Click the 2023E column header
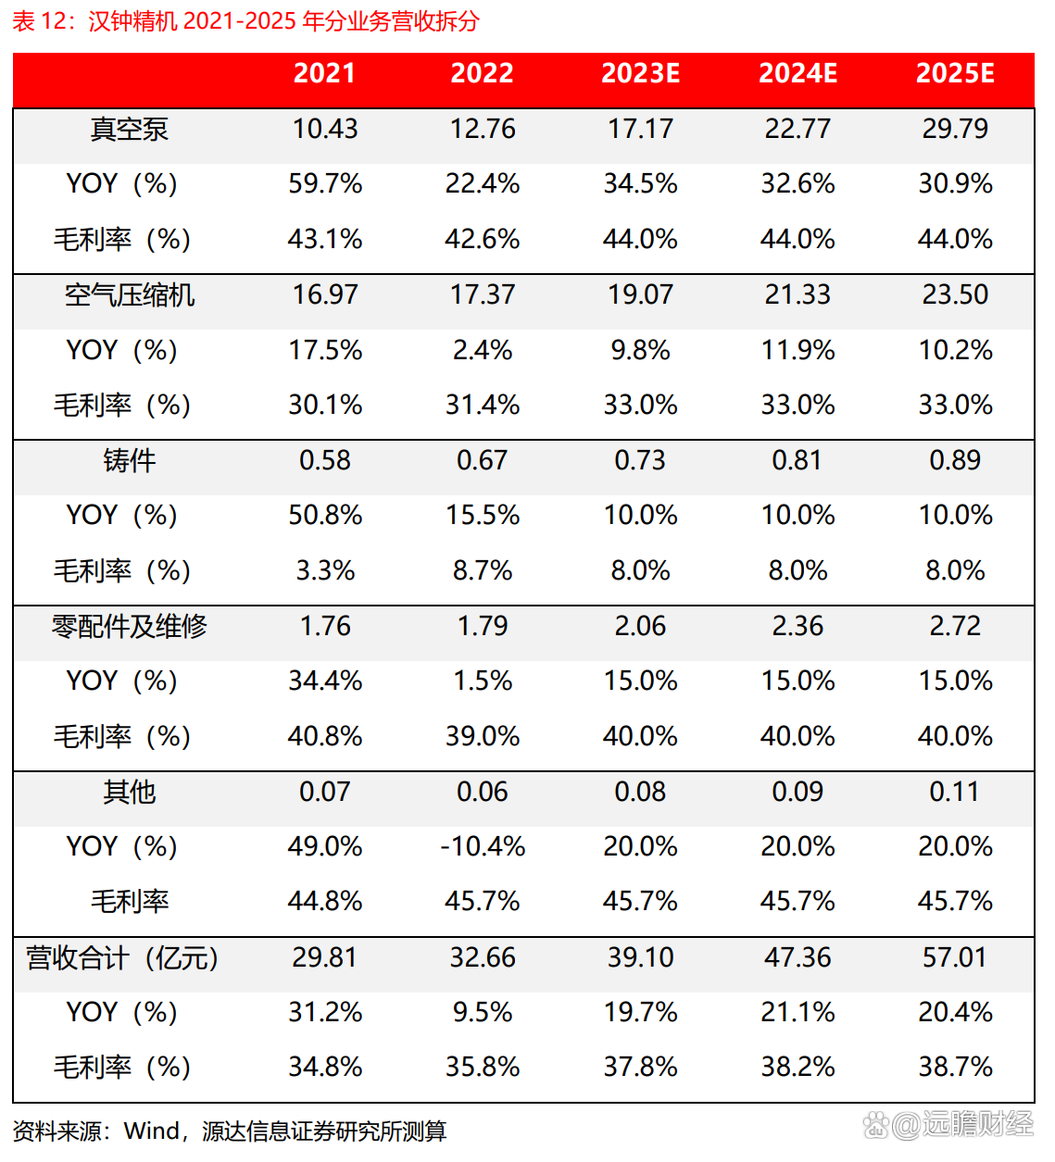click(x=640, y=73)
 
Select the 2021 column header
click(x=324, y=73)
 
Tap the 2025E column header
click(x=955, y=73)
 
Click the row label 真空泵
click(x=129, y=129)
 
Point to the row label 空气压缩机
click(x=129, y=294)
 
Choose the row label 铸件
click(x=129, y=460)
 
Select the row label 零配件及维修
click(x=129, y=626)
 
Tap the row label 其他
click(x=129, y=792)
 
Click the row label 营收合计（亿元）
click(x=122, y=957)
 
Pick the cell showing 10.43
click(x=325, y=129)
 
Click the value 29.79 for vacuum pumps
click(x=955, y=129)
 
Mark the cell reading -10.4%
click(x=483, y=846)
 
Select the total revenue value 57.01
click(x=955, y=957)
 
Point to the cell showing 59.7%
click(x=325, y=183)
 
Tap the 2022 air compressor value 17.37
click(x=483, y=294)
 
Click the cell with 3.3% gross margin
click(x=325, y=570)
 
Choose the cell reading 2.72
click(x=955, y=626)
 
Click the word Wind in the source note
click(x=152, y=1131)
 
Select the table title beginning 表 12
click(x=245, y=20)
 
